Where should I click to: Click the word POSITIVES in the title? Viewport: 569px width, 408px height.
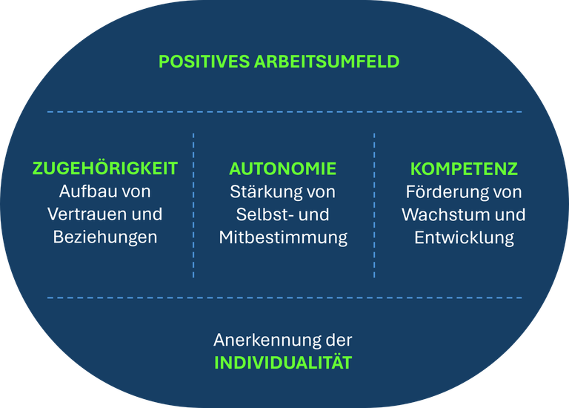[204, 62]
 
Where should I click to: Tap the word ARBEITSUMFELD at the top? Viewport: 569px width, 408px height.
[327, 62]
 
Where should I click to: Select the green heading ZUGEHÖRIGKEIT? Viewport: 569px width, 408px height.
[105, 168]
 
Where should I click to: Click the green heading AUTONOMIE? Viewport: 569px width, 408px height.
[283, 168]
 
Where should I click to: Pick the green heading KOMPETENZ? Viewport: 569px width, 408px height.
[464, 168]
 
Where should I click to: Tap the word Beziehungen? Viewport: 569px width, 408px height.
[105, 237]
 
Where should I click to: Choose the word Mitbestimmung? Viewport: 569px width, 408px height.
[283, 237]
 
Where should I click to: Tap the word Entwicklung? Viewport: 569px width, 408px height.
[464, 237]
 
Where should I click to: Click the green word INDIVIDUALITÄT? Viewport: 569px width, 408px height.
[283, 363]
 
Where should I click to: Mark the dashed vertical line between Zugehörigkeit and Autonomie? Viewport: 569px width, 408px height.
[193, 205]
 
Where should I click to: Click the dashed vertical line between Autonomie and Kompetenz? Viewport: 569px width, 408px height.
[374, 205]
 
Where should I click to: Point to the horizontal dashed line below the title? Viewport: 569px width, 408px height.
[284, 112]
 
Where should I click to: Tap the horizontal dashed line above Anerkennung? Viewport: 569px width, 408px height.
[284, 298]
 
